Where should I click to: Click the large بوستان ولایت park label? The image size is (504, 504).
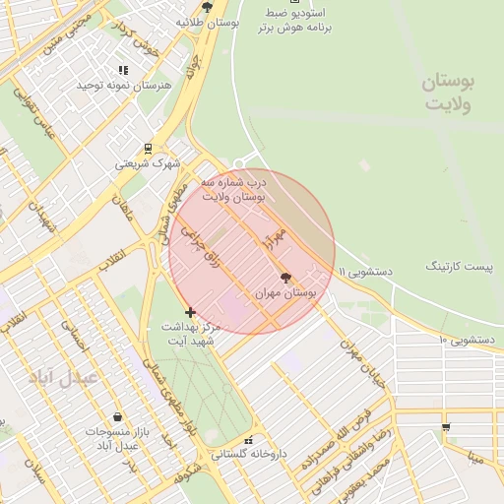point(448,94)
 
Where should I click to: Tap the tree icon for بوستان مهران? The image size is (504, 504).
point(286,278)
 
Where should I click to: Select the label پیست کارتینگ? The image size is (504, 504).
point(457,267)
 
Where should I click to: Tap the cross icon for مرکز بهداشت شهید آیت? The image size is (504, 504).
point(190,312)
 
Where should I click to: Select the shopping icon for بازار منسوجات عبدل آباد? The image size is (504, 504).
point(118,417)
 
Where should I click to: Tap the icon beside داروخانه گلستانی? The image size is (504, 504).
point(249,440)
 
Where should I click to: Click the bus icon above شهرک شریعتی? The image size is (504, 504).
point(148,149)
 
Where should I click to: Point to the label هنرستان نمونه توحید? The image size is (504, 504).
point(124,86)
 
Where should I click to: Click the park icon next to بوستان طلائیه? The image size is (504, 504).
point(206,6)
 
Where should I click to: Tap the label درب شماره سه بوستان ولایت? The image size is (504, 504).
point(231,190)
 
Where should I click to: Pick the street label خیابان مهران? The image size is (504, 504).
point(362,363)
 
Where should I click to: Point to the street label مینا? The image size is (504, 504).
point(476,458)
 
